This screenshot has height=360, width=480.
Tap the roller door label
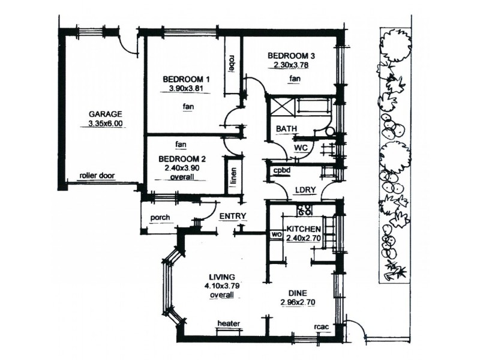click(x=97, y=176)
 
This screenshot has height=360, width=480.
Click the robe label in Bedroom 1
click(x=231, y=65)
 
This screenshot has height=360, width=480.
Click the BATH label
click(x=284, y=129)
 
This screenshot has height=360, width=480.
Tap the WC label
click(x=301, y=147)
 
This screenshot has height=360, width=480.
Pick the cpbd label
click(x=281, y=170)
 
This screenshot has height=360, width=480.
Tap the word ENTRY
click(x=233, y=216)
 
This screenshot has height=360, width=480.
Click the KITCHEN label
click(x=304, y=229)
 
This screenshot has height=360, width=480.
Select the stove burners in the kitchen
click(x=305, y=209)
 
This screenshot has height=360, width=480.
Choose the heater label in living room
click(x=229, y=324)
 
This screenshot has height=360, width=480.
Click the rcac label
click(x=320, y=327)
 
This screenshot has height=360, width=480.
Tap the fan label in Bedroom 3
click(x=295, y=79)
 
